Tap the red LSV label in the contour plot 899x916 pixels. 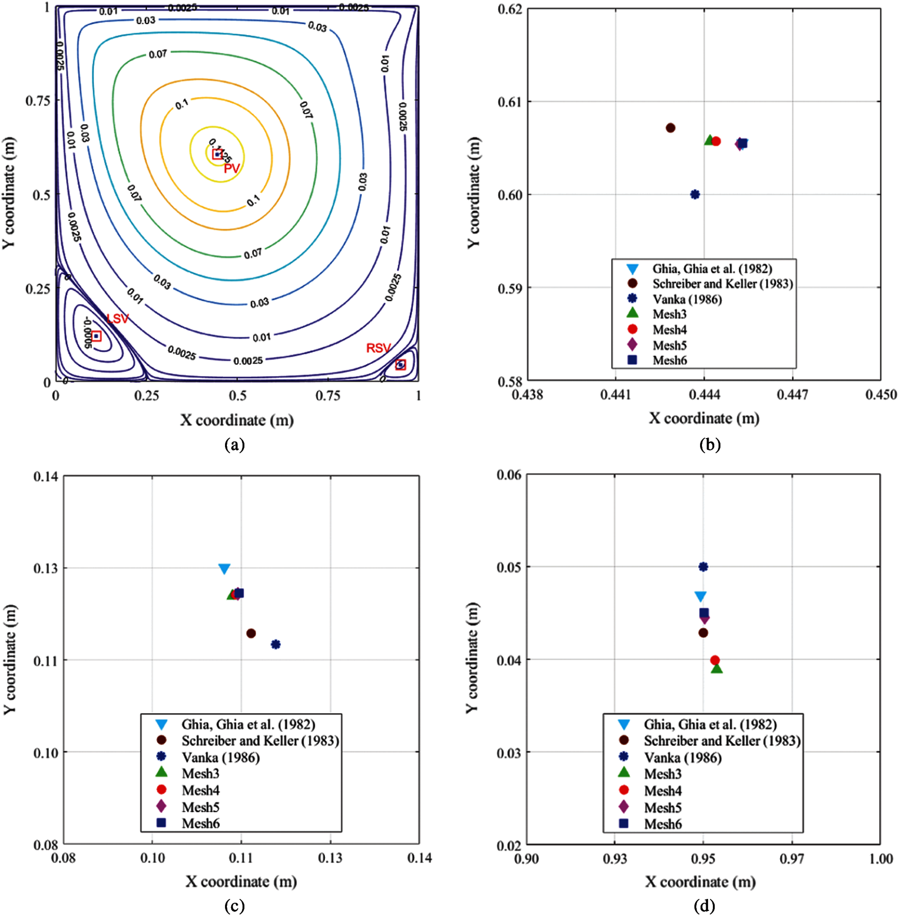[117, 319]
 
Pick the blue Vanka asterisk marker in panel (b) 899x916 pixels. [695, 194]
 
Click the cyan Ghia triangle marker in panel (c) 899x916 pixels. [224, 569]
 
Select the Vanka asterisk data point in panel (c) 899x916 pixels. [276, 644]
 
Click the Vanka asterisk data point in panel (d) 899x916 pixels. [703, 567]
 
